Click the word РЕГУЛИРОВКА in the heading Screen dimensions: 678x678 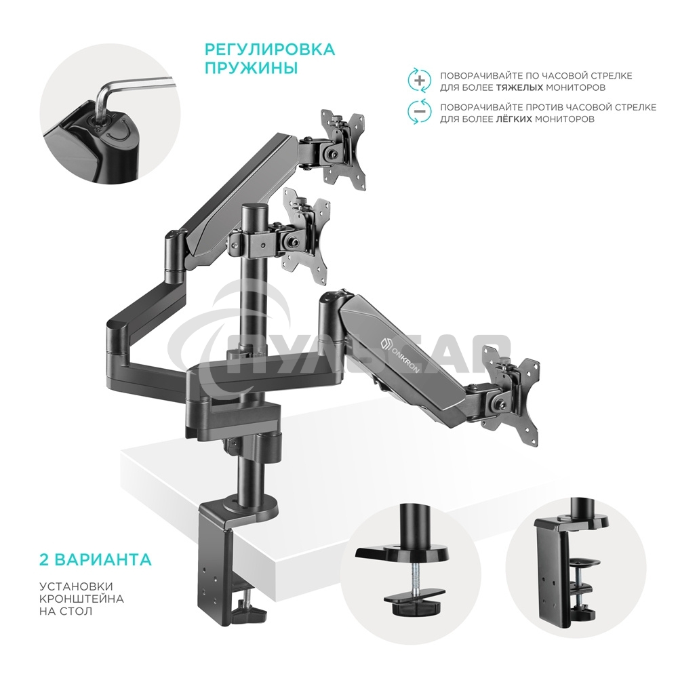click(269, 49)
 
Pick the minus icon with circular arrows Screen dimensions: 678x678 click(419, 112)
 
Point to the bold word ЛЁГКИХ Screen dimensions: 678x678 click(511, 119)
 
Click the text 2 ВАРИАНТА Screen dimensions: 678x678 click(94, 561)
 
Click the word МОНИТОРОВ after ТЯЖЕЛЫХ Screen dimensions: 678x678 click(575, 87)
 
